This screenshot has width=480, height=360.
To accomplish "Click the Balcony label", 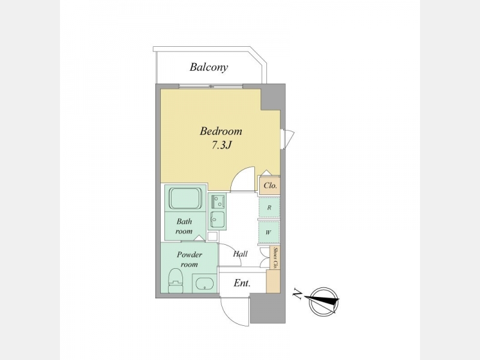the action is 209,67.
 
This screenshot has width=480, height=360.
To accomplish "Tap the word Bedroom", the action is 221,131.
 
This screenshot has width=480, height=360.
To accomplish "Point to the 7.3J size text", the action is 221,145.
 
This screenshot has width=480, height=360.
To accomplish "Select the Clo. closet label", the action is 271,185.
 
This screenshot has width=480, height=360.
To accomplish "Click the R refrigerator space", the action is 269,207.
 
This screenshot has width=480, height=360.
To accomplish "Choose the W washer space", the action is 269,232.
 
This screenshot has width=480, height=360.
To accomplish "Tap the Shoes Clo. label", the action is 275,258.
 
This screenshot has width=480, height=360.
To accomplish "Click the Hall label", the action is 241,254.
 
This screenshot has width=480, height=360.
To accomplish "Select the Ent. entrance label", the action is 242,283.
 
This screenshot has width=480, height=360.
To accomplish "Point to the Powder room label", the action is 190,259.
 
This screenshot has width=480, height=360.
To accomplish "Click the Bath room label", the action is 184,226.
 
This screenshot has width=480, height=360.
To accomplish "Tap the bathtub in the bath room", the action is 185,198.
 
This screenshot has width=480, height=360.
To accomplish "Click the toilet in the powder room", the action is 176,280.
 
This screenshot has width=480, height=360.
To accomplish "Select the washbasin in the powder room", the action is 204,283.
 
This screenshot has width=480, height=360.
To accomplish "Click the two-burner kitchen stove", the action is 217,202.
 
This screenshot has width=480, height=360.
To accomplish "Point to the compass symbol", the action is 324,302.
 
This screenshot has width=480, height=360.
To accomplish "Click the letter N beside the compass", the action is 296,294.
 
